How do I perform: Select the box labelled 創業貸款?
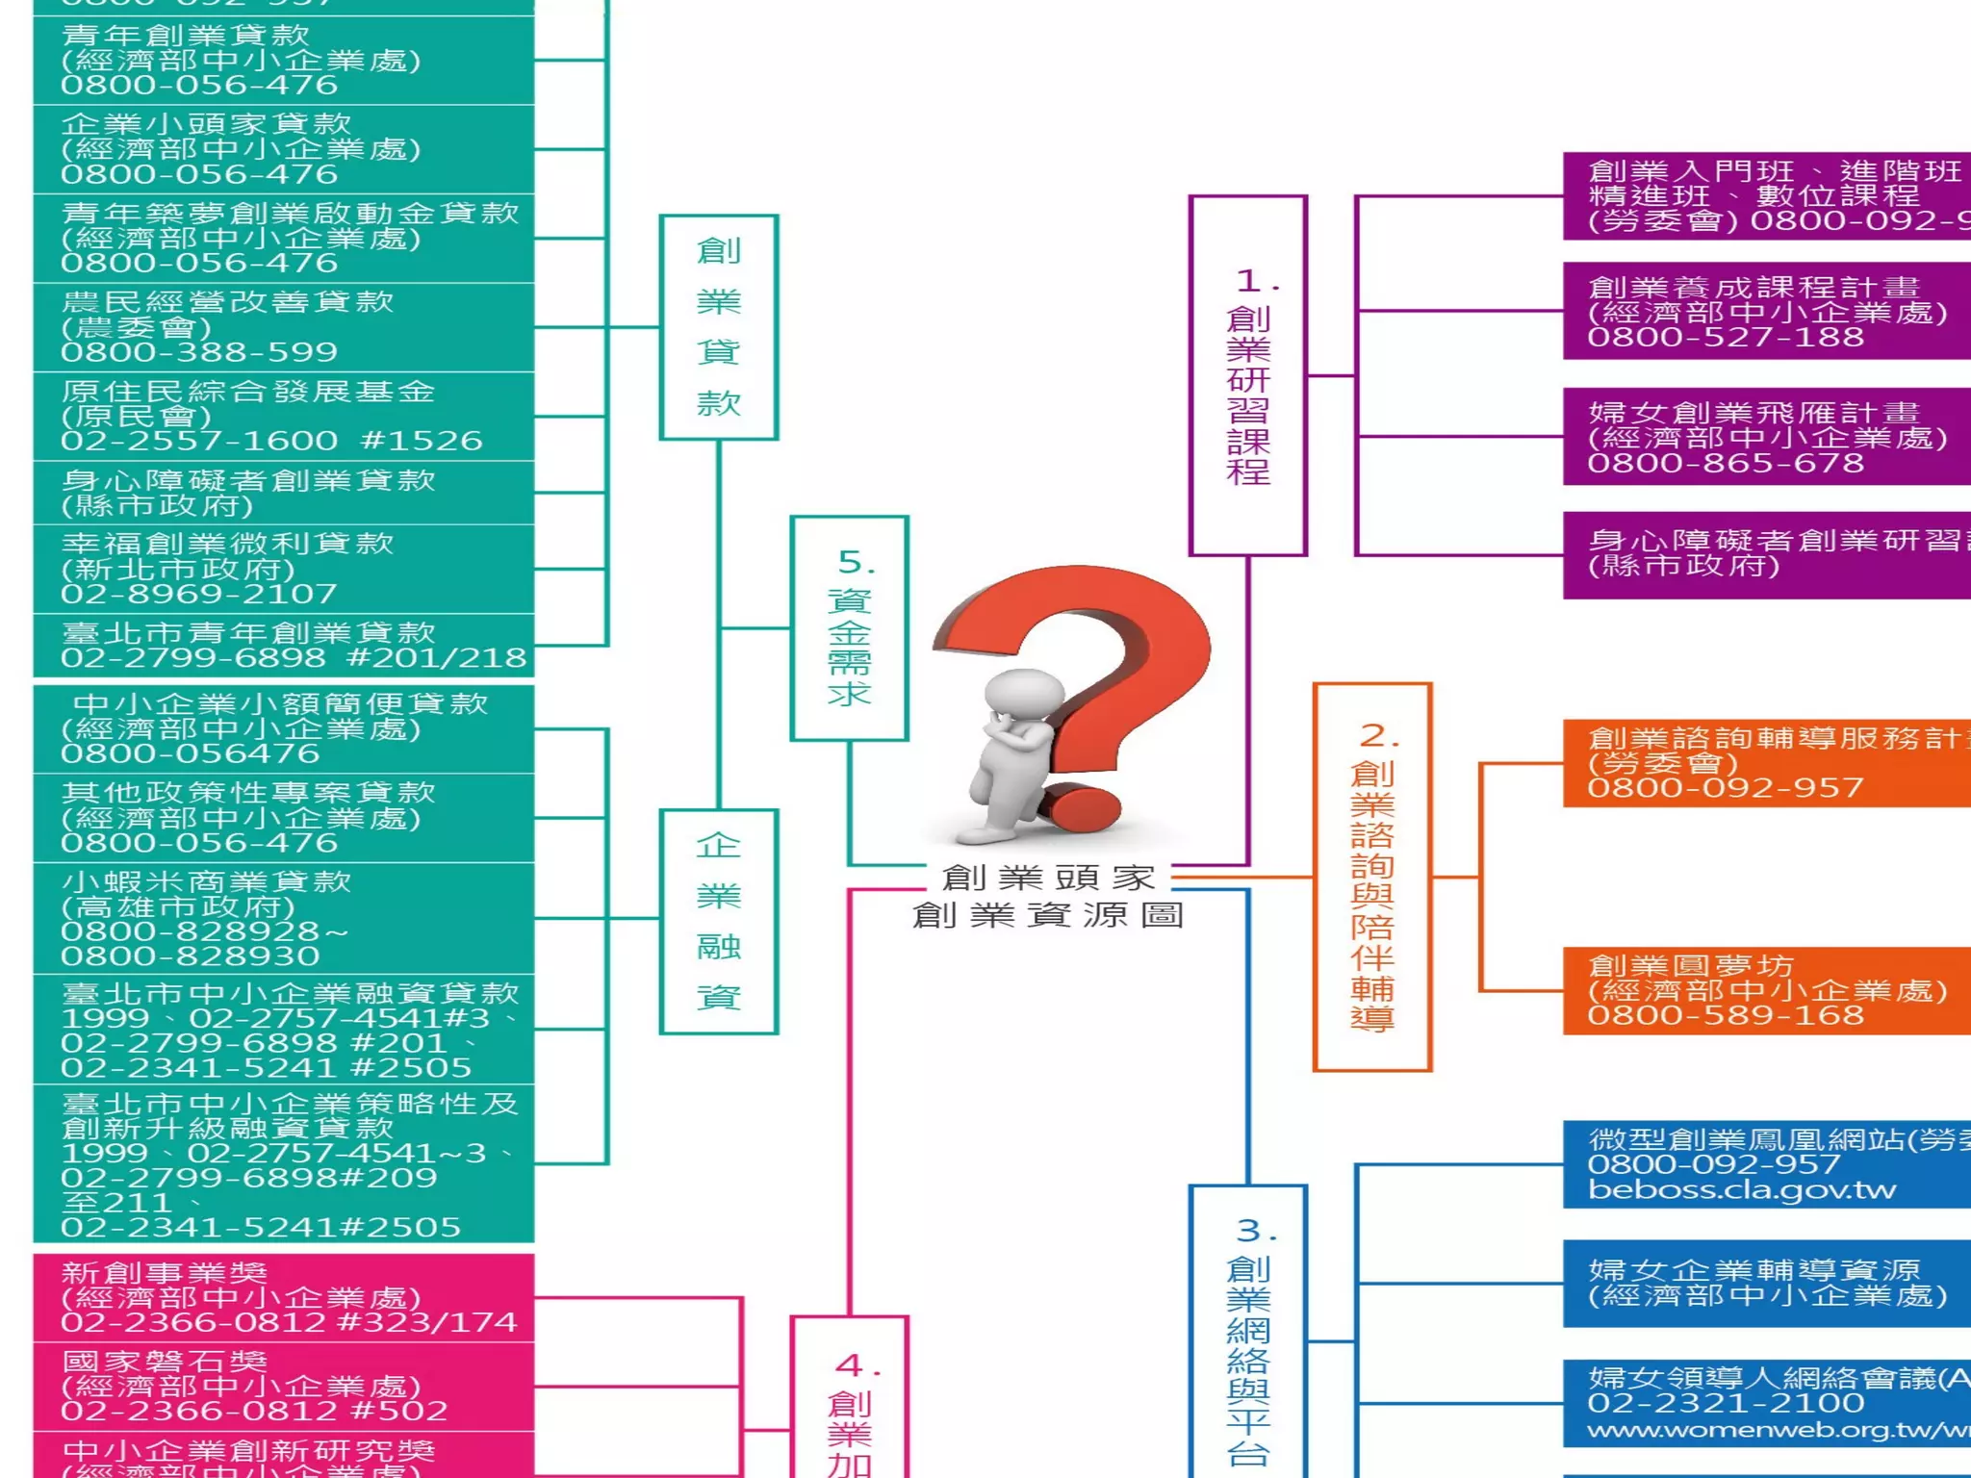point(718,327)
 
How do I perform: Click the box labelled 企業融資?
point(718,922)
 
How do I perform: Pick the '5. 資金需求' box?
point(849,628)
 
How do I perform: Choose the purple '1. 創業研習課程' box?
point(1247,376)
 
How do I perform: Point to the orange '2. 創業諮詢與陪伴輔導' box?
point(1372,877)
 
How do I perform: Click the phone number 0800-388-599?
point(199,352)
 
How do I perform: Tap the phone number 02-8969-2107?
point(199,594)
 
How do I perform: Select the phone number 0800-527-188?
point(1726,338)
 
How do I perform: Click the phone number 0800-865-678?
point(1726,464)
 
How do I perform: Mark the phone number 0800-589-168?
point(1726,1016)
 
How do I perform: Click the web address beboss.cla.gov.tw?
point(1742,1190)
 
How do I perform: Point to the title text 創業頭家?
point(1048,878)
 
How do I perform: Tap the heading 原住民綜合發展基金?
point(248,392)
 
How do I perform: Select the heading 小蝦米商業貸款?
point(207,881)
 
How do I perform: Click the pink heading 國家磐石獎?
point(165,1362)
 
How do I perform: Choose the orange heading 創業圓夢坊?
point(1691,965)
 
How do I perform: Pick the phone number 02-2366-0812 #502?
point(254,1412)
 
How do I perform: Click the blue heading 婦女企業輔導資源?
point(1753,1270)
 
